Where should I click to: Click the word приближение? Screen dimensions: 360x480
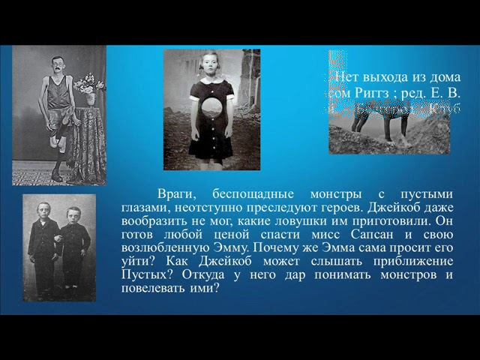[x=409, y=262]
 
